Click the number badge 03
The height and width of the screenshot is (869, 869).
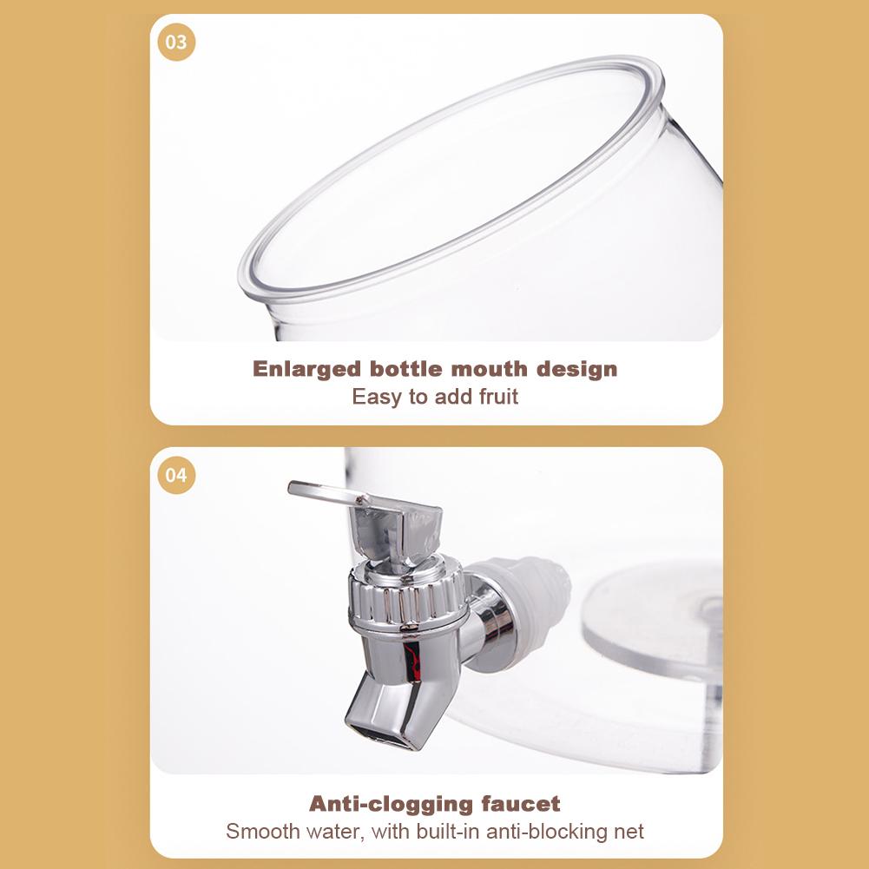tap(176, 43)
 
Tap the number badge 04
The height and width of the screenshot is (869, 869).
tap(176, 476)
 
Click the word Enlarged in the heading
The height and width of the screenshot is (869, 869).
tap(306, 370)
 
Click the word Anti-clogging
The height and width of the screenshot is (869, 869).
tap(391, 804)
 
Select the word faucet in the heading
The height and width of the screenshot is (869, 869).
tap(521, 804)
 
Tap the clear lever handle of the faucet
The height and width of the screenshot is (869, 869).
tap(327, 494)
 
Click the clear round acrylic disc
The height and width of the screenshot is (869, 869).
tap(652, 618)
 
